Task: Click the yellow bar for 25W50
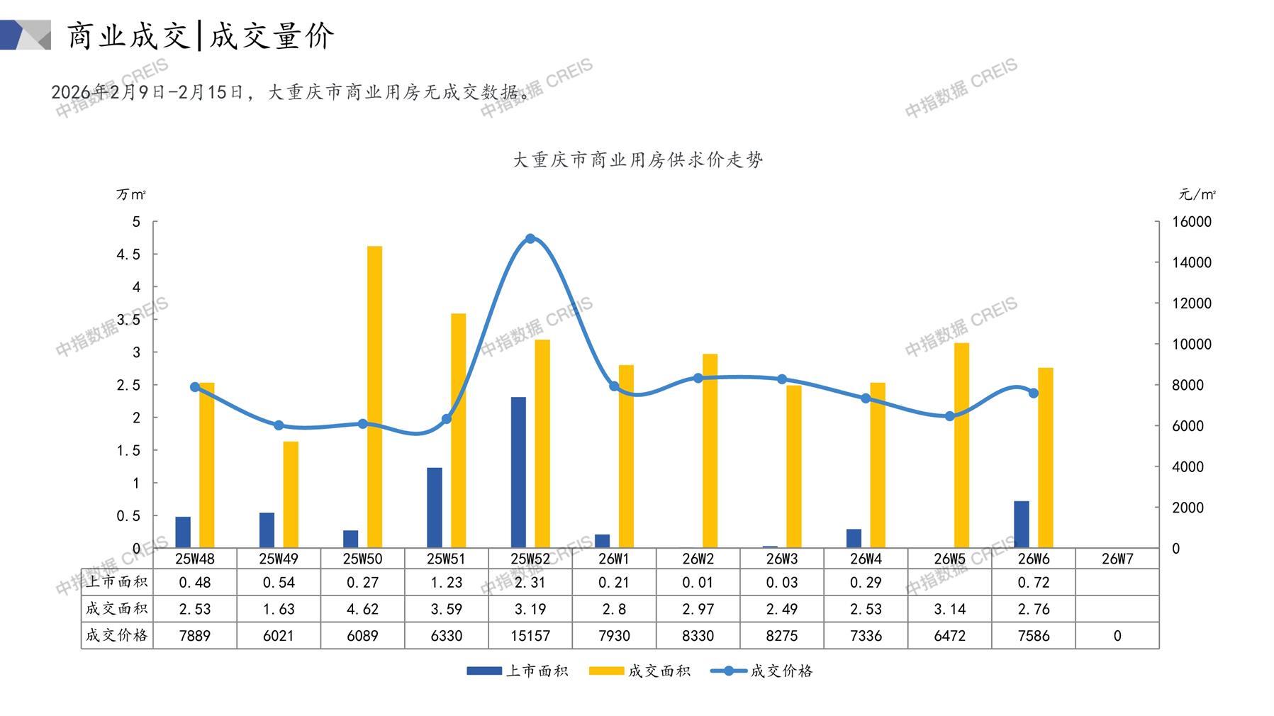coord(374,397)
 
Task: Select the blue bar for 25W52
coord(518,472)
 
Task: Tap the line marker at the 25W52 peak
coord(530,239)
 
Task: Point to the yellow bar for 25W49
coord(291,495)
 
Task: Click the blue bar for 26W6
coord(1022,525)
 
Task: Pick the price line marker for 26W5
coord(950,416)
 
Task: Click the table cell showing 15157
coord(530,636)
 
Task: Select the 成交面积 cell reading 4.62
coord(362,609)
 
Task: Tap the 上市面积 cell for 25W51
coord(447,583)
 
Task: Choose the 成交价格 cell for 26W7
coord(1117,636)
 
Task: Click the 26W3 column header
coord(782,559)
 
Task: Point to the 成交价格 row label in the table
coord(117,636)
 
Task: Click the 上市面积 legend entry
coord(518,671)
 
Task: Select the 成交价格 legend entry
coord(762,671)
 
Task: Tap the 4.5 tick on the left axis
coord(128,254)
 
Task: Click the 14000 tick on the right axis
coord(1192,262)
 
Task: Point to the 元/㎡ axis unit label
coord(1197,194)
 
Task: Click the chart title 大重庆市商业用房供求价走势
coord(637,160)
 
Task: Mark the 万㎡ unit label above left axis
coord(131,194)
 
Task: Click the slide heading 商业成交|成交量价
coord(200,35)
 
